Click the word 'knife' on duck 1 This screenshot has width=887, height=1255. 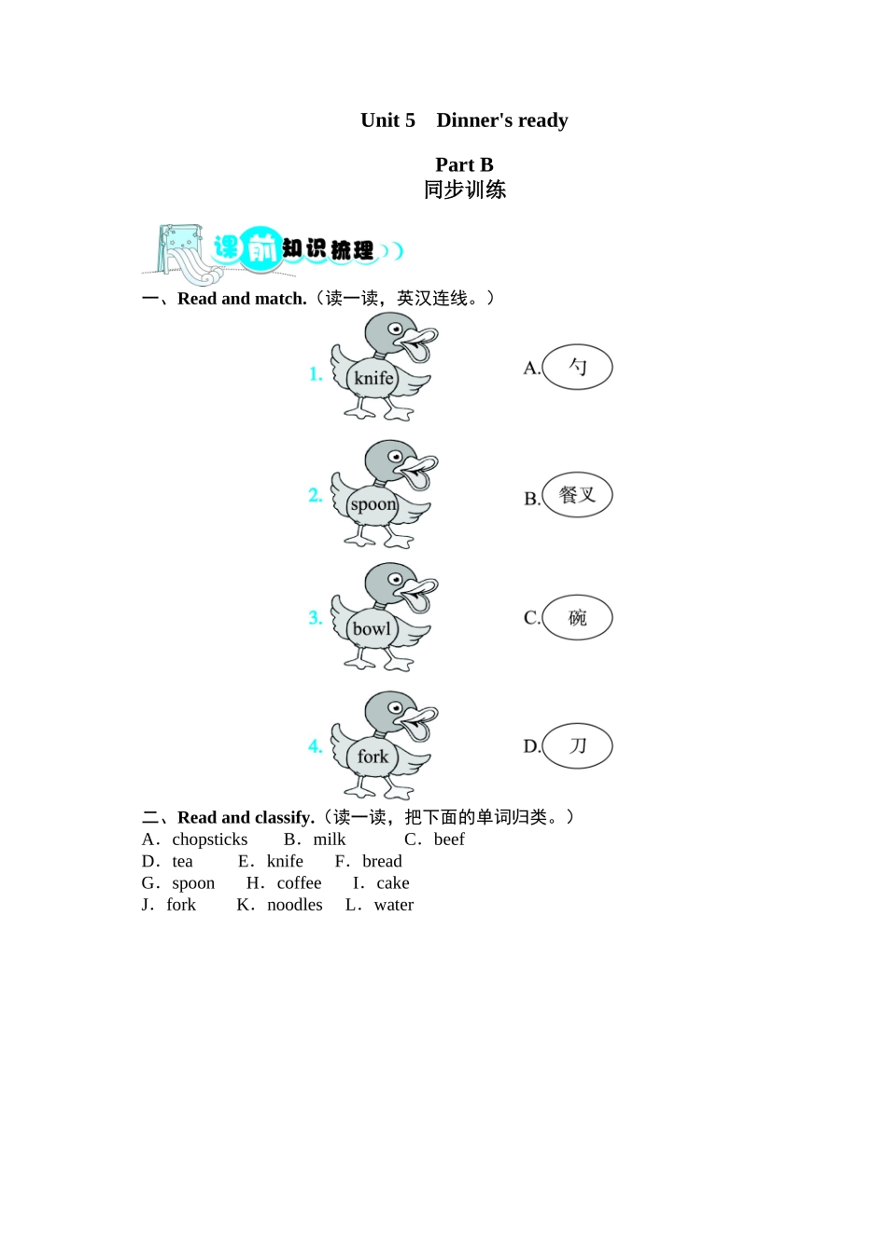(x=373, y=378)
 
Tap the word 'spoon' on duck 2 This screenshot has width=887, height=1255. (x=373, y=504)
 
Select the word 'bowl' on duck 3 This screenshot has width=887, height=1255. (x=372, y=628)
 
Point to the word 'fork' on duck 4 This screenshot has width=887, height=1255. (x=373, y=756)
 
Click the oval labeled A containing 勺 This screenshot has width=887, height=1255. (x=577, y=367)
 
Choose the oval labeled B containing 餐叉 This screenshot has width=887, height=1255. (x=577, y=495)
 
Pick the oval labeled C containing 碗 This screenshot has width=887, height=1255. (x=577, y=617)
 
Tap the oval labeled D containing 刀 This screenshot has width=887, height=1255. (x=577, y=746)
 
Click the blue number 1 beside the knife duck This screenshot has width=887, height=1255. (x=316, y=374)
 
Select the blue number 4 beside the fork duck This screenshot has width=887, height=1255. (x=316, y=746)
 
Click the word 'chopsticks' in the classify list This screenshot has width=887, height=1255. (x=210, y=839)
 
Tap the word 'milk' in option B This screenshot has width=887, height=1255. (x=330, y=839)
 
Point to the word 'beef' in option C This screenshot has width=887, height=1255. (x=449, y=839)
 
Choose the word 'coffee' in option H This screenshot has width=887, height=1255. (x=299, y=883)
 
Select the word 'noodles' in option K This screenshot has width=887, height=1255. (x=295, y=905)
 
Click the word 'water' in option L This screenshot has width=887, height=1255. (x=394, y=905)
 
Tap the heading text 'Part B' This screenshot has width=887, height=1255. (x=464, y=164)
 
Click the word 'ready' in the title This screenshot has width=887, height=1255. (x=542, y=120)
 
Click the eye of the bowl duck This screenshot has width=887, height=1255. (x=395, y=580)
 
